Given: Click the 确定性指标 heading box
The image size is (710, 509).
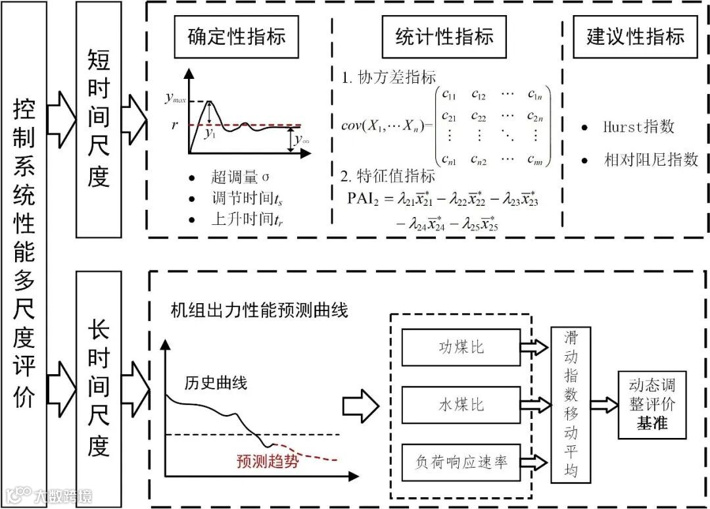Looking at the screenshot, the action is pyautogui.click(x=237, y=36).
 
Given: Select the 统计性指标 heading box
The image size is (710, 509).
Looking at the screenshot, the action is pyautogui.click(x=444, y=36).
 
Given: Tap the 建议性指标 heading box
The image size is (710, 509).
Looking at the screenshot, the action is pyautogui.click(x=635, y=36).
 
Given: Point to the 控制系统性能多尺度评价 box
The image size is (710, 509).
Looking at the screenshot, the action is pyautogui.click(x=24, y=253).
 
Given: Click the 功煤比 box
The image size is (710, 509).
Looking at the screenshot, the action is pyautogui.click(x=460, y=347).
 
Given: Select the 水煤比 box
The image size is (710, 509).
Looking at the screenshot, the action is pyautogui.click(x=460, y=404).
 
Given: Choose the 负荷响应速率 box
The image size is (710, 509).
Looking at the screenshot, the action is pyautogui.click(x=460, y=462).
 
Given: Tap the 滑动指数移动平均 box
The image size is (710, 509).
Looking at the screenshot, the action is pyautogui.click(x=569, y=404).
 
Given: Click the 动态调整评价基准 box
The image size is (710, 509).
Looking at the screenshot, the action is pyautogui.click(x=651, y=404).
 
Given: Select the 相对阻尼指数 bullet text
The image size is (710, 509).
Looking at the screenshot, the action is pyautogui.click(x=651, y=159).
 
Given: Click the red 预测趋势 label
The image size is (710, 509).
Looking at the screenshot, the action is pyautogui.click(x=268, y=461).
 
